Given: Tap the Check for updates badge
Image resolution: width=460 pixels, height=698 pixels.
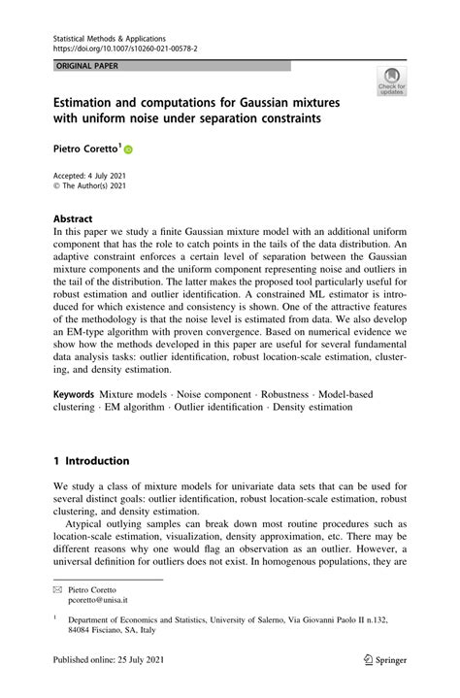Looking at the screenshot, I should coord(392,82).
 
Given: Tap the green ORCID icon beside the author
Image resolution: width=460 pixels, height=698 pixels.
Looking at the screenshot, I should coord(127,151).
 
